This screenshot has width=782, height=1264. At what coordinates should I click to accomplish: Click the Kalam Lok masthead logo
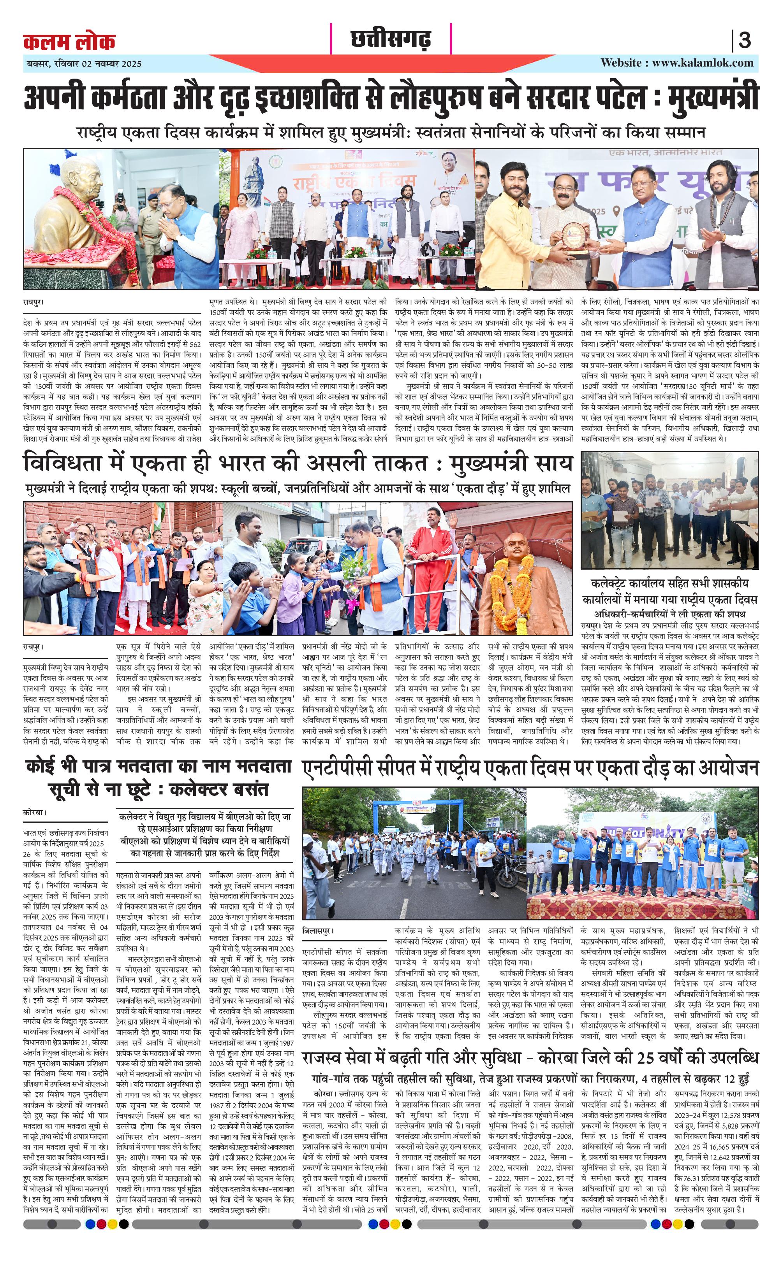pyautogui.click(x=69, y=42)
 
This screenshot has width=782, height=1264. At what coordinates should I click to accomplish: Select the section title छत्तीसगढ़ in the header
pyautogui.click(x=391, y=39)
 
